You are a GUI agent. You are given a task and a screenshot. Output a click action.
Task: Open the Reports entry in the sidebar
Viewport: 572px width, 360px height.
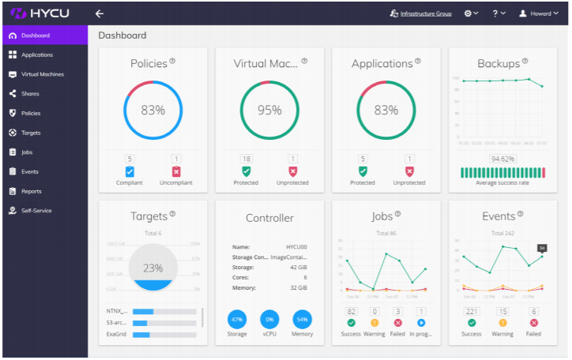pos(31,191)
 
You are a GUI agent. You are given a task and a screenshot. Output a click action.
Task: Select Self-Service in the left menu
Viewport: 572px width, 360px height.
pos(36,211)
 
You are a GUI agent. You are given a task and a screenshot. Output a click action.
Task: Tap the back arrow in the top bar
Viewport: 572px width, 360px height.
pos(100,13)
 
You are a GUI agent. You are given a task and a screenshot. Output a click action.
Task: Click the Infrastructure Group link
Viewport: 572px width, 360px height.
pos(426,13)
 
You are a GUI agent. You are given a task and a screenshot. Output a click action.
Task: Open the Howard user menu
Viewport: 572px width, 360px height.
pos(539,13)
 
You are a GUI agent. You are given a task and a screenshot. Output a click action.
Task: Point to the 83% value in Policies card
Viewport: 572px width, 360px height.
pos(152,111)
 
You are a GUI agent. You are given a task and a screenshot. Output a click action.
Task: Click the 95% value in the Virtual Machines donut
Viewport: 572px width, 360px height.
pos(269,111)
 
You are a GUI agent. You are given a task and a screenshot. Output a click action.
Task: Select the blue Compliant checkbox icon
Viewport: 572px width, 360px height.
pos(130,171)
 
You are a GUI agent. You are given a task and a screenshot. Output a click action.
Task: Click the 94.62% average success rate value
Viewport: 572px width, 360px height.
pos(502,159)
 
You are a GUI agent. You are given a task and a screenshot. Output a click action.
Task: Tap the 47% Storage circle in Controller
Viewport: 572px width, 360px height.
pos(238,320)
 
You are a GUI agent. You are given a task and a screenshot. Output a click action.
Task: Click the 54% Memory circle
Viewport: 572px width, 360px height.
pos(302,320)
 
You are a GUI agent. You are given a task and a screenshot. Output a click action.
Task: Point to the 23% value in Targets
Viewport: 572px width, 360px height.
pos(152,268)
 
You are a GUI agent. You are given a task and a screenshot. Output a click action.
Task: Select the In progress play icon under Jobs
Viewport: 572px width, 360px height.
pos(421,323)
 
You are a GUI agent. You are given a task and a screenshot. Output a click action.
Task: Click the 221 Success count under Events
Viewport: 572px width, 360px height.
pos(472,312)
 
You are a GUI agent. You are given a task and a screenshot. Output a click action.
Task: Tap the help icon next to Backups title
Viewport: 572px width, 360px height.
pos(525,61)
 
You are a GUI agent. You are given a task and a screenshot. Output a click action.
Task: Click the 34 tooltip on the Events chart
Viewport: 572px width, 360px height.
pos(542,248)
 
